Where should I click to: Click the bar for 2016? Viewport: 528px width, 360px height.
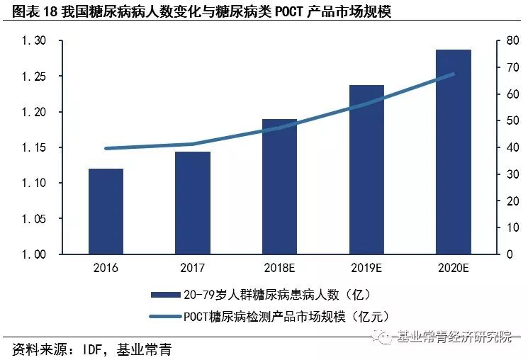[106, 211]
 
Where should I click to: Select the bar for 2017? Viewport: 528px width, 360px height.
[193, 203]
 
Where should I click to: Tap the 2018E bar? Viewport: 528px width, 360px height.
[279, 186]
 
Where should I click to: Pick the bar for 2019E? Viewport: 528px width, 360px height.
[366, 169]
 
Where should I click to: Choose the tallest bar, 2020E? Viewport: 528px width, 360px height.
[454, 152]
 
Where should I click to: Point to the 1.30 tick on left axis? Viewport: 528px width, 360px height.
[34, 41]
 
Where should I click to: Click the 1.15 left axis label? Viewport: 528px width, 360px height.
[34, 147]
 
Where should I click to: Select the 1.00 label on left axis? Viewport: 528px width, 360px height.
[34, 254]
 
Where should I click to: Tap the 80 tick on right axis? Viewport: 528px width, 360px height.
[512, 40]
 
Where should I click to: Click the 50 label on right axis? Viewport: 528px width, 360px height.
[512, 120]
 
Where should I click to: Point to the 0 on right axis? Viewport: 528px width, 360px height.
[510, 254]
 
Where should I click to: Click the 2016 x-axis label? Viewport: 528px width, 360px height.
[106, 268]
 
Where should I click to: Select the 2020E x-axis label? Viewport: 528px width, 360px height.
[454, 268]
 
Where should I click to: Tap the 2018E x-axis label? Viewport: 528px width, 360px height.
[279, 268]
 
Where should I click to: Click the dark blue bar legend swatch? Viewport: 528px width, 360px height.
[166, 295]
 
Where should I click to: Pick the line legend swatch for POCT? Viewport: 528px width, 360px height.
[166, 317]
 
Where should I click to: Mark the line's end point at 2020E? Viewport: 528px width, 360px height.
[454, 74]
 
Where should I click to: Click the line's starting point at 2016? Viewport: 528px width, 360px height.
[106, 148]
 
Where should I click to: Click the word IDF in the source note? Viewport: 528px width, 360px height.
[92, 349]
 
